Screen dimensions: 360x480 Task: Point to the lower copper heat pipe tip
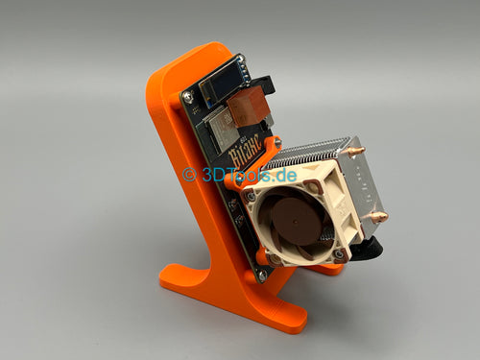coord(380,217)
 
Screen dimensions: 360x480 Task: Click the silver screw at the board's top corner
coord(187,96)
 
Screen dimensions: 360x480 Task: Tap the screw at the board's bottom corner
coord(261,275)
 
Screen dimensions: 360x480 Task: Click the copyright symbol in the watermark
coord(189,174)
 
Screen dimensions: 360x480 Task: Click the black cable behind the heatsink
coord(369,248)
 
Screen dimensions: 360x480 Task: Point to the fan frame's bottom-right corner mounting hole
coord(338,254)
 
